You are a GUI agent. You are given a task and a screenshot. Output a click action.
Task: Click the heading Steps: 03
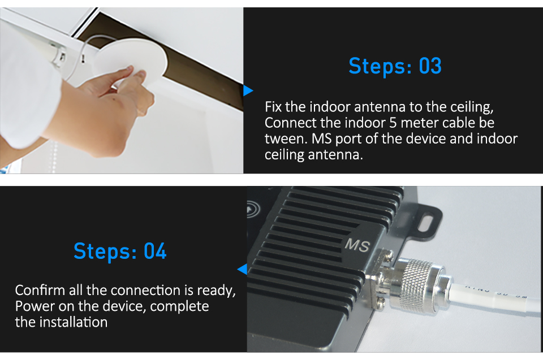(395, 66)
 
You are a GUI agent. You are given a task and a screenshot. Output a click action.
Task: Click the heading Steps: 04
(120, 251)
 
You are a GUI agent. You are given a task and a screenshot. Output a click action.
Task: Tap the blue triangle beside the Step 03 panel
(248, 90)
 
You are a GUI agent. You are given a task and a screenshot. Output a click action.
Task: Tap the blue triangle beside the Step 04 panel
(243, 269)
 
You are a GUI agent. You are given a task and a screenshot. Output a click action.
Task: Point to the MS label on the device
(357, 245)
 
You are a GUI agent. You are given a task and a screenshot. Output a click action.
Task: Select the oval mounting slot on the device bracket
(426, 223)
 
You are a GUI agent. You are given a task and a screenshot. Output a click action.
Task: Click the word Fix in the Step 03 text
(273, 107)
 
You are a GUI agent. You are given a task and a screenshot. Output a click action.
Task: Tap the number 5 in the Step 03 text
(393, 123)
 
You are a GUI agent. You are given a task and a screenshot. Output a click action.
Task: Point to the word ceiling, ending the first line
(472, 107)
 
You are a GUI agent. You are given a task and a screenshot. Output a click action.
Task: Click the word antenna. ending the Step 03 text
(335, 155)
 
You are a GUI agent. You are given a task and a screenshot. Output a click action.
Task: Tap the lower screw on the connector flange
(381, 302)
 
